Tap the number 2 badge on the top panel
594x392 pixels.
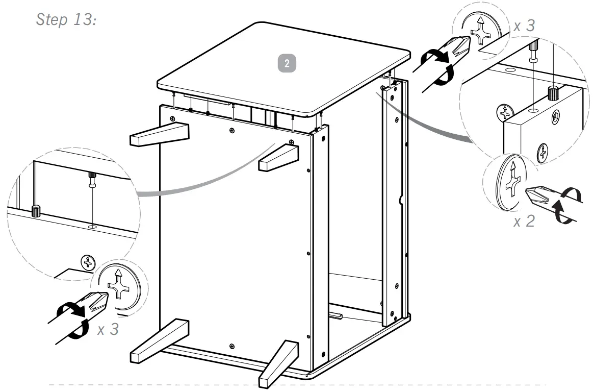click(287, 63)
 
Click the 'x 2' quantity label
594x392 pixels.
click(524, 222)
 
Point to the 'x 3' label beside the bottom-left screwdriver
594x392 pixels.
click(108, 329)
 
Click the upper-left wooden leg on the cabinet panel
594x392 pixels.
click(159, 134)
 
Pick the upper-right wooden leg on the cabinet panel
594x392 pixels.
click(278, 158)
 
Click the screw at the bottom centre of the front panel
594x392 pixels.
click(233, 347)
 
